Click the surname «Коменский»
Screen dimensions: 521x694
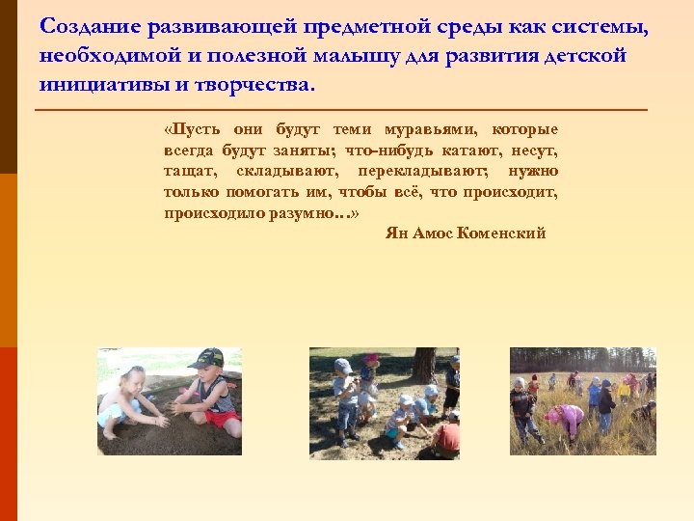502,233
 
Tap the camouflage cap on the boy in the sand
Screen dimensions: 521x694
206,359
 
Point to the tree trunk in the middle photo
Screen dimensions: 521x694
423,367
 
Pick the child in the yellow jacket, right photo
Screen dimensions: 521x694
625,389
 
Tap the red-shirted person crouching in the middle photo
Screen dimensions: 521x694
446,437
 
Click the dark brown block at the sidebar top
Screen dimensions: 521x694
8,87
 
